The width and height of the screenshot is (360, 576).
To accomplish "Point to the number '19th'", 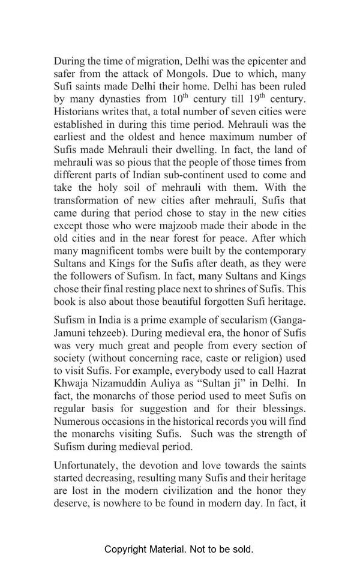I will pos(256,99).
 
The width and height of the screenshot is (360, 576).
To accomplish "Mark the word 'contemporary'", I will pos(273,251).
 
